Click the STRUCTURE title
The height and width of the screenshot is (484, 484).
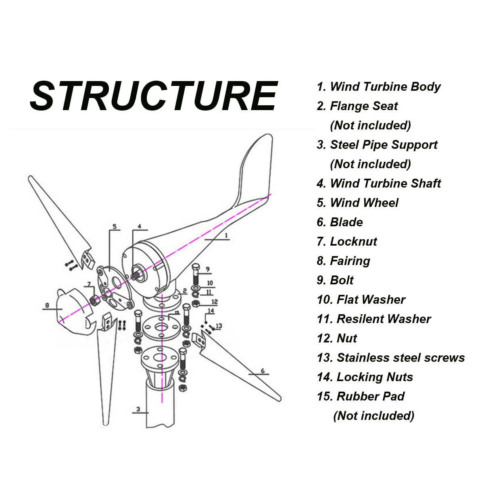154,96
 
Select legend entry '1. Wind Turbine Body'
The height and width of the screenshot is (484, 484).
378,87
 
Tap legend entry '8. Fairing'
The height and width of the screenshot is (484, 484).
343,261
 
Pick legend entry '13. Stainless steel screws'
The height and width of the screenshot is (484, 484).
391,358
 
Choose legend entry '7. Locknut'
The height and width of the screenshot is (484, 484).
347,242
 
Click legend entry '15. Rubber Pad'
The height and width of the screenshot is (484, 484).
361,396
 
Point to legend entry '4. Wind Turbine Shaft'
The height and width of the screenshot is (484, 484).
379,184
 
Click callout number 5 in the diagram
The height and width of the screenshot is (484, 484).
115,226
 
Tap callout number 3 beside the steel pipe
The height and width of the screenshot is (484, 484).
138,409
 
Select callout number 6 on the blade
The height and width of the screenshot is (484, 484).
263,371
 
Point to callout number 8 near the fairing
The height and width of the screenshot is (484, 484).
47,305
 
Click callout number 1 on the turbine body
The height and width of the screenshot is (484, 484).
226,235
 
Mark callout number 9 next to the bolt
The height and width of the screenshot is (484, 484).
207,269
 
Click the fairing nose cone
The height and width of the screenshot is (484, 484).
73,312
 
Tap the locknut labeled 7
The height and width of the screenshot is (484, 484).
95,300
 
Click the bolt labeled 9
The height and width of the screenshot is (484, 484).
196,274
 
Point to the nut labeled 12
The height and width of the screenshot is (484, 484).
196,304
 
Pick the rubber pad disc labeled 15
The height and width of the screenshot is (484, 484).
161,327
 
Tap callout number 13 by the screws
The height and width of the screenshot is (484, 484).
219,326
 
